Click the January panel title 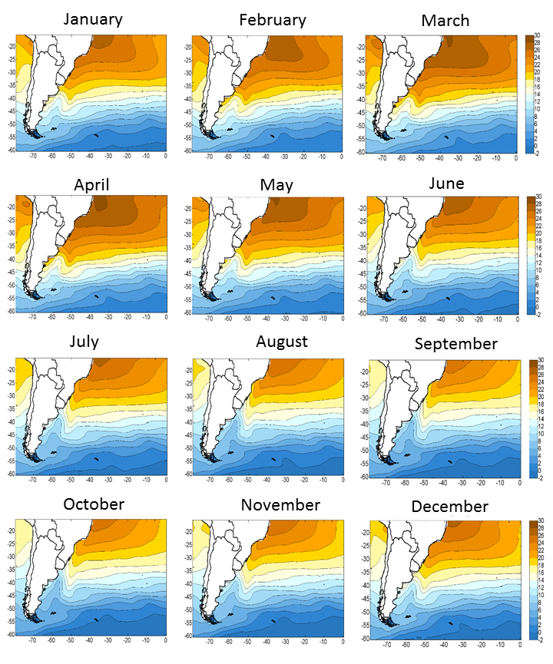coord(92,19)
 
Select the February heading coord(272,20)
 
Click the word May coord(273,185)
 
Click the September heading coord(456,343)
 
